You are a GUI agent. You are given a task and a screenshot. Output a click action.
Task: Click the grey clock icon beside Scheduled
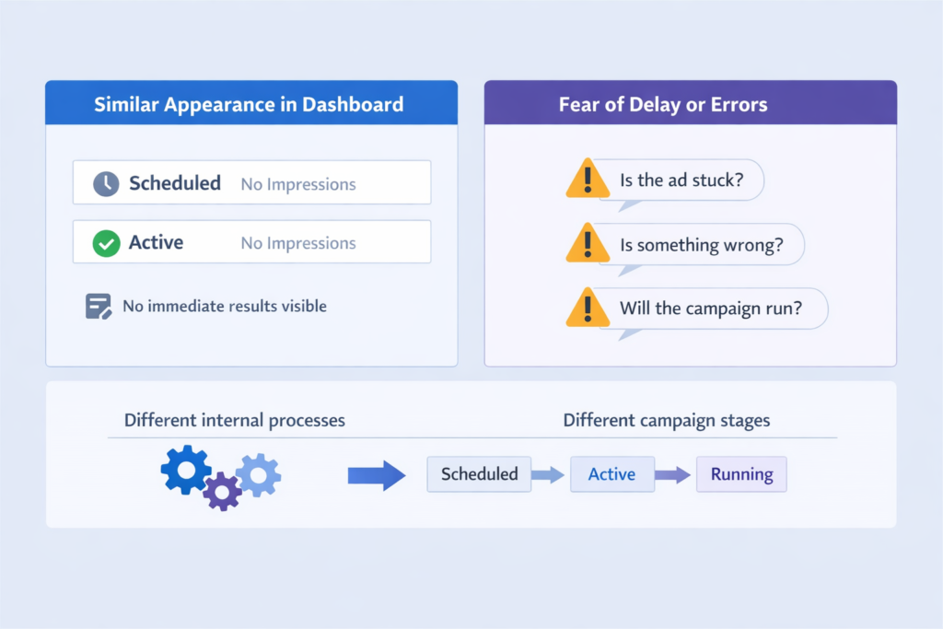click(x=106, y=184)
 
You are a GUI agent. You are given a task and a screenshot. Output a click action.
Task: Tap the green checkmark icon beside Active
click(x=106, y=243)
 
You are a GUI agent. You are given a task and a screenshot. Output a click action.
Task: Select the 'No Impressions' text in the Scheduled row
click(x=298, y=184)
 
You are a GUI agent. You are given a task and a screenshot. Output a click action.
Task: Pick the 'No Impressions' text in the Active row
click(x=298, y=243)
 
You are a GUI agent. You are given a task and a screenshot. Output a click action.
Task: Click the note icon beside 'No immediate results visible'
click(x=98, y=306)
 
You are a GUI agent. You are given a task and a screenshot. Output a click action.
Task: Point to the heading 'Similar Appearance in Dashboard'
click(x=249, y=104)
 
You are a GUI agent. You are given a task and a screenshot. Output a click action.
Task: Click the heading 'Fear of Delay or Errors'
click(x=663, y=104)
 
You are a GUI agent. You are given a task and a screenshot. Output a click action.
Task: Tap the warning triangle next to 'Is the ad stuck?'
click(x=588, y=180)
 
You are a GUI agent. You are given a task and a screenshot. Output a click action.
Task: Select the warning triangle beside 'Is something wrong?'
click(x=588, y=243)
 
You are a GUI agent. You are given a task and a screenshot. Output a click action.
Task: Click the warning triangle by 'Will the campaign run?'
click(x=588, y=308)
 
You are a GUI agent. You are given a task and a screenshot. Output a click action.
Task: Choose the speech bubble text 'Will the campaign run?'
click(x=711, y=309)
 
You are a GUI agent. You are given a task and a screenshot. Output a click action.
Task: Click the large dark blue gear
click(x=186, y=470)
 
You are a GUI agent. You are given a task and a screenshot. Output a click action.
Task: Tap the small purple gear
click(x=222, y=491)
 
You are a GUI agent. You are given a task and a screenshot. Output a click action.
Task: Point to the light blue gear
click(x=259, y=475)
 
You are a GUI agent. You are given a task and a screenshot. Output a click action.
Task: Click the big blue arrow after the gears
click(x=377, y=475)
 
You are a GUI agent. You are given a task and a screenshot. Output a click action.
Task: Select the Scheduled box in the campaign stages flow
click(x=479, y=474)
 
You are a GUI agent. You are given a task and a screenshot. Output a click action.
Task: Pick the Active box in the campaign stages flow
click(x=612, y=474)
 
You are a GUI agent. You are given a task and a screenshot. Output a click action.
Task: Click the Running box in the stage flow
click(x=741, y=474)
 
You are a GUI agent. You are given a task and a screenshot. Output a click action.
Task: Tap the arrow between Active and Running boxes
click(x=673, y=475)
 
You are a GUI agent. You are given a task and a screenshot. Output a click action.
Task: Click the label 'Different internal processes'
click(x=235, y=420)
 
